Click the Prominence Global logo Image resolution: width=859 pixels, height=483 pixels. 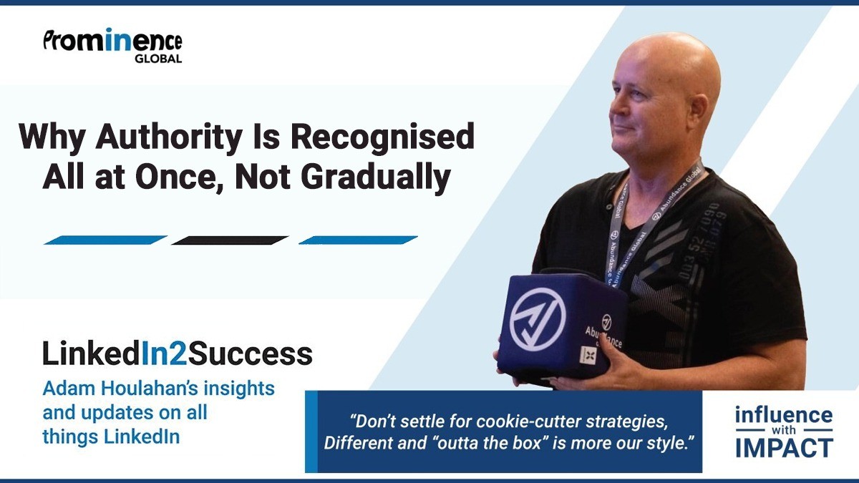click(112, 45)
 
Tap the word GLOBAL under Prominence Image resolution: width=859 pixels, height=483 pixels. click(158, 59)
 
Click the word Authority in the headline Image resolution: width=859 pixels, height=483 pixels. click(169, 137)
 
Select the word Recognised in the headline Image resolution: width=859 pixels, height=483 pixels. click(382, 137)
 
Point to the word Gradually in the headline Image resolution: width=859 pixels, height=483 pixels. click(375, 178)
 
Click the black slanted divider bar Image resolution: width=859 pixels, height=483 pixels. click(230, 240)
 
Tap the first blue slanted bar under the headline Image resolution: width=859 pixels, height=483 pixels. click(105, 240)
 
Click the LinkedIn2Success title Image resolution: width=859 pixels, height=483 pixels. click(178, 353)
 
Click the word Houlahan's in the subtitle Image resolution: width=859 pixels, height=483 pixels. click(150, 389)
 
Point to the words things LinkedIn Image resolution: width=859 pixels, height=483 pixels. click(111, 436)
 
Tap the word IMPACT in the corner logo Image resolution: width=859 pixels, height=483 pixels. click(785, 448)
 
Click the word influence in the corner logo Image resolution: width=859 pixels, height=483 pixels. click(784, 415)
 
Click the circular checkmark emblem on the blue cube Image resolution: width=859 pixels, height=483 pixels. click(538, 319)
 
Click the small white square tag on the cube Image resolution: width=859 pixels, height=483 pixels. click(588, 355)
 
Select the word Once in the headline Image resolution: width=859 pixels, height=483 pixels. click(180, 178)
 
